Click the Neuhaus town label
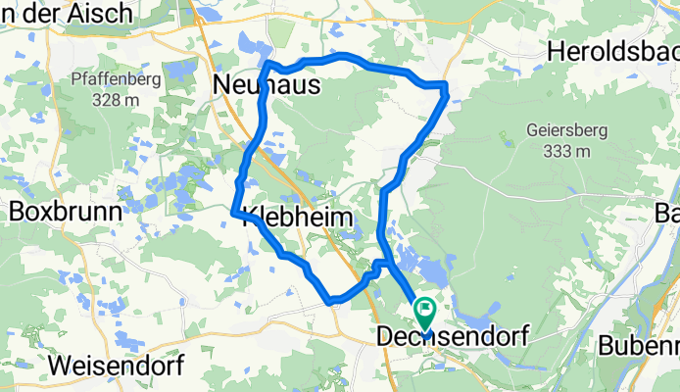[x=267, y=88]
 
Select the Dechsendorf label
[x=452, y=336]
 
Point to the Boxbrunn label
[x=66, y=211]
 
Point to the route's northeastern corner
[x=446, y=90]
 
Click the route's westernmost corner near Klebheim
[x=233, y=211]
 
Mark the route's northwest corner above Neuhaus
[x=267, y=65]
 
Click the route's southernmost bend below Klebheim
[x=333, y=300]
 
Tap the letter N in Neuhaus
[x=222, y=88]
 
